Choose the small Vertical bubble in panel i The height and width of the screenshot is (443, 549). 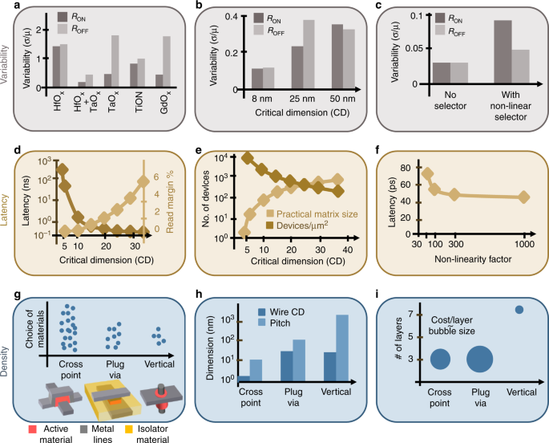point(519,310)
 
